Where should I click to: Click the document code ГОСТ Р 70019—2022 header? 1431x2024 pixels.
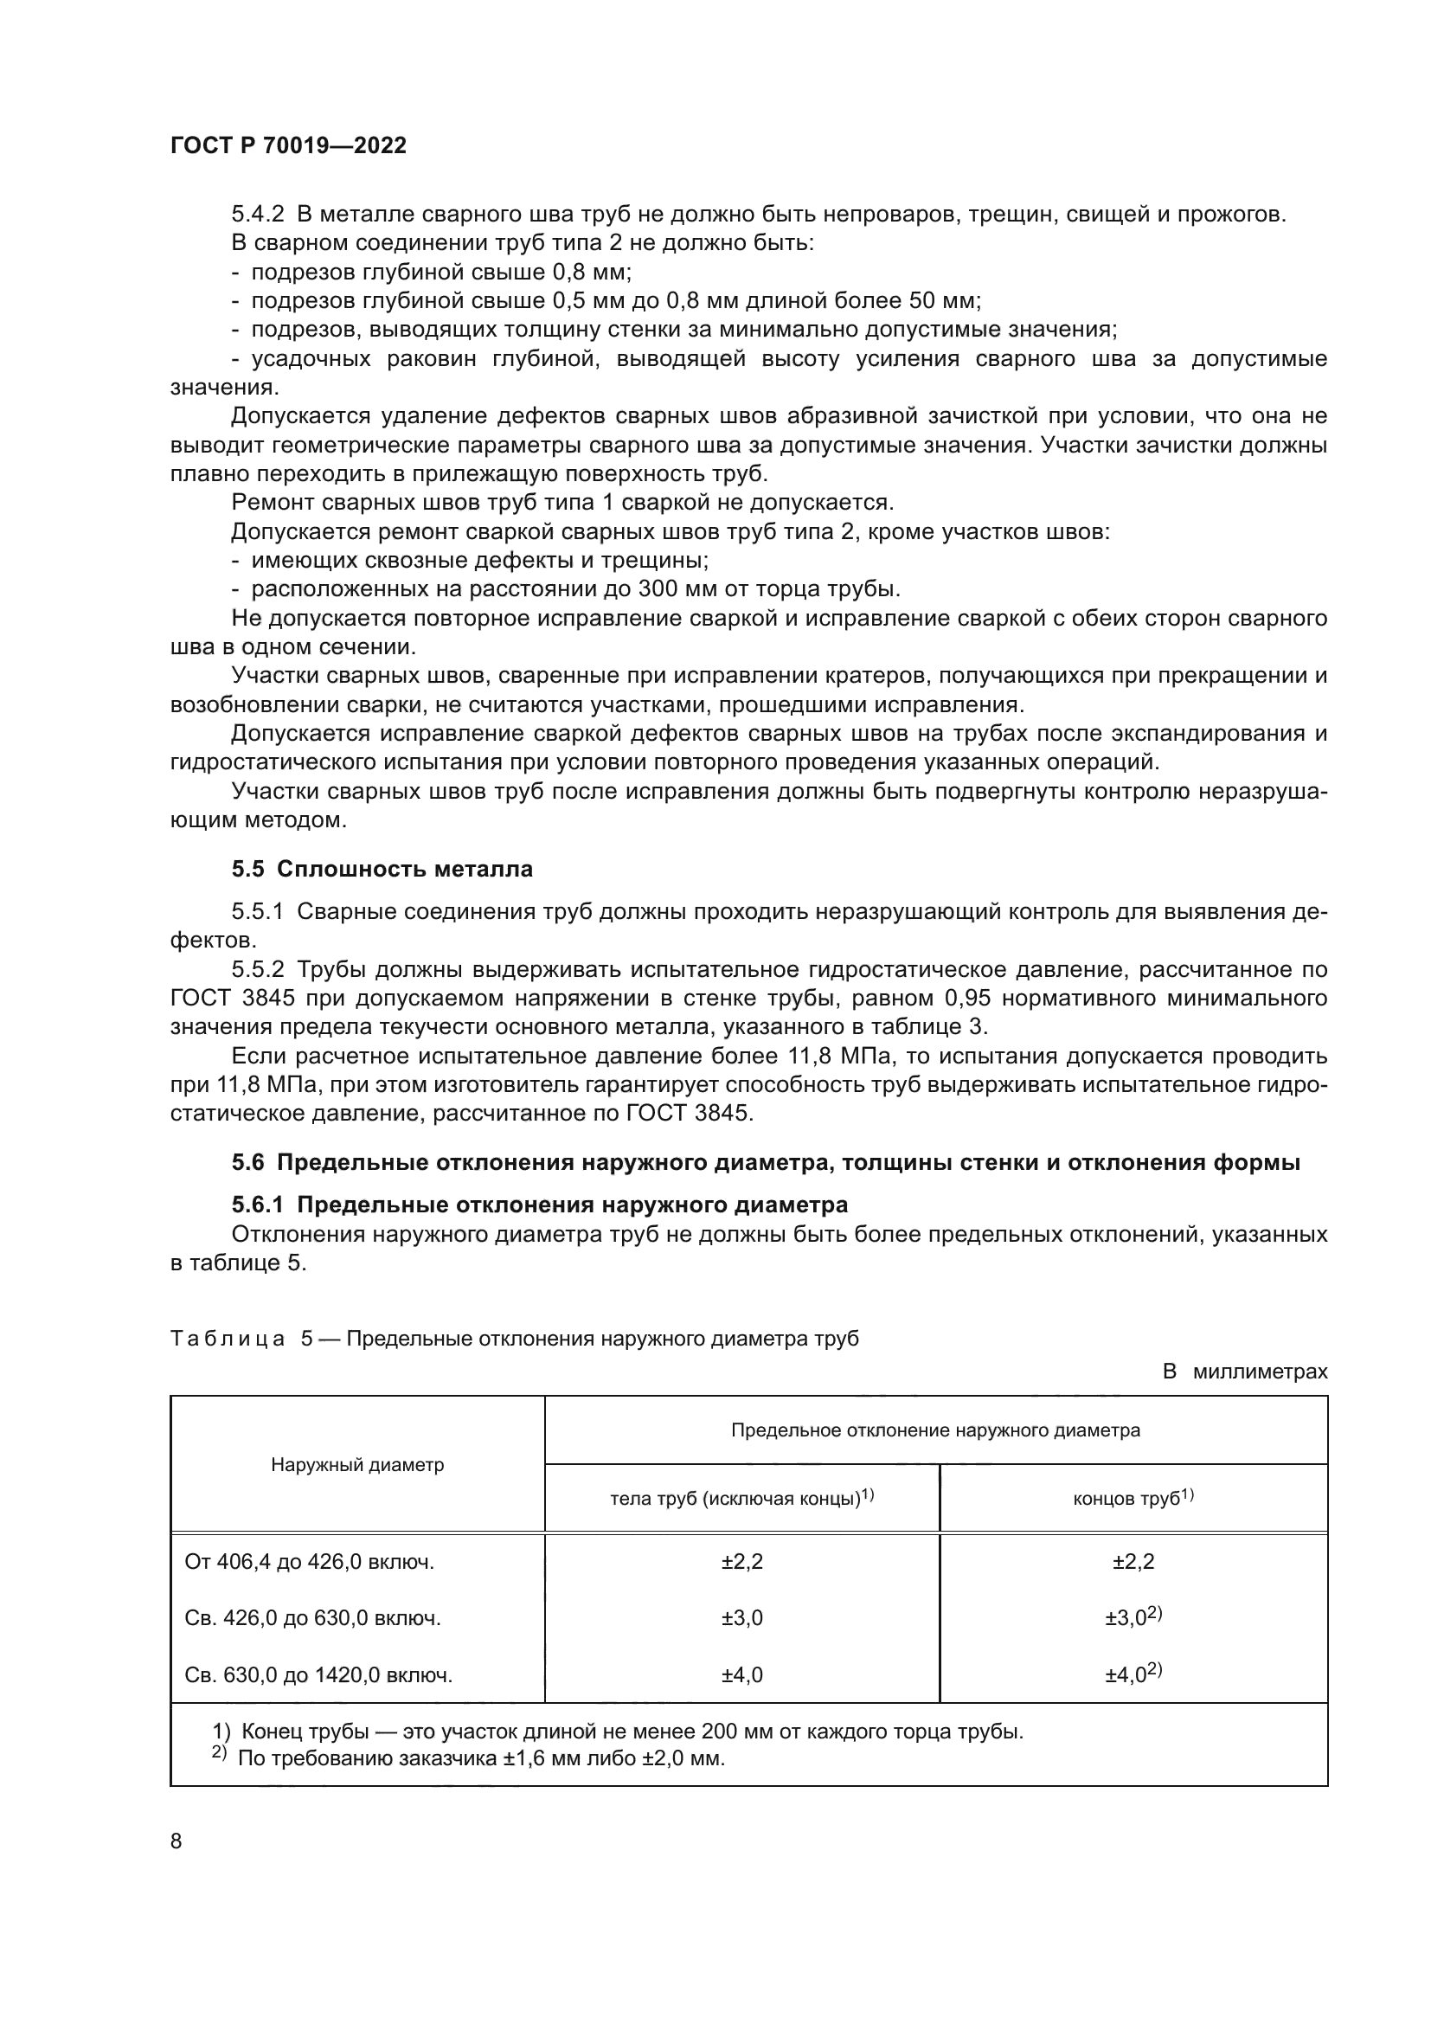[x=288, y=146]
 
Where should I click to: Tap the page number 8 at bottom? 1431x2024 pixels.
[x=176, y=1841]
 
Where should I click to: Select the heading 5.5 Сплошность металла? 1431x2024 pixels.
[x=382, y=869]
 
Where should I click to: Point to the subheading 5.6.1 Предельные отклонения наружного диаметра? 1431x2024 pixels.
[x=539, y=1205]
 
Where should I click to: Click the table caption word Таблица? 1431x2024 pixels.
[x=228, y=1338]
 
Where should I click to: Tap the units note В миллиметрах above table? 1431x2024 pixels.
[x=1244, y=1372]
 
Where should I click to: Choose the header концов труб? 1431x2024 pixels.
[x=1133, y=1499]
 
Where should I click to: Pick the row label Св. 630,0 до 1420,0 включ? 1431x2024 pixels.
[x=318, y=1675]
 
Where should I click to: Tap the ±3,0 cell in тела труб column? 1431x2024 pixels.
[x=742, y=1618]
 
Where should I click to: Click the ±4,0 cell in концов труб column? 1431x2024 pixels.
[x=1133, y=1675]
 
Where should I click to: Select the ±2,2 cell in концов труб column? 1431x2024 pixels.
[x=1133, y=1563]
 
